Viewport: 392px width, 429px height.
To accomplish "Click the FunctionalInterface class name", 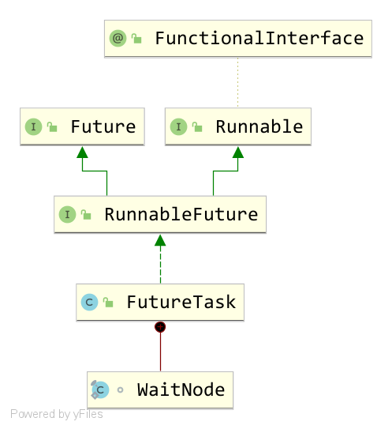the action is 259,38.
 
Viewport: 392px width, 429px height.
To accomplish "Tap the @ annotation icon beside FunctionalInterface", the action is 118,38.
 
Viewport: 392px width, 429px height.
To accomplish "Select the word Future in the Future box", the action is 103,126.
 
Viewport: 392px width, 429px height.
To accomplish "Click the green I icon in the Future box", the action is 33,126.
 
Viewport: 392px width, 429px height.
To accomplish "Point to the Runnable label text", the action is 259,126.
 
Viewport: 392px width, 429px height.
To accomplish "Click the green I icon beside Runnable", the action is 178,126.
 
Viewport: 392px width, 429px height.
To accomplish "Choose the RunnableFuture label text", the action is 181,214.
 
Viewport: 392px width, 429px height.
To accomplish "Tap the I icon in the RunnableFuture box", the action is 67,215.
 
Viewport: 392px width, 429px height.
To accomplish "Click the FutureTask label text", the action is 181,302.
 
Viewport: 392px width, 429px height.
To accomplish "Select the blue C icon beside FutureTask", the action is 89,303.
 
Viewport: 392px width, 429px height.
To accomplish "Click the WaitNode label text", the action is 181,389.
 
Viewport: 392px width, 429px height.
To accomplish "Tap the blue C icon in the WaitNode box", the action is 100,389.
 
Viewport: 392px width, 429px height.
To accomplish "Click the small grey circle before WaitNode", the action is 120,389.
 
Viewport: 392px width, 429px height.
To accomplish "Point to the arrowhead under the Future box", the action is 82,152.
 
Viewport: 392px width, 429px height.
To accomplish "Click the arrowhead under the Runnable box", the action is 238,152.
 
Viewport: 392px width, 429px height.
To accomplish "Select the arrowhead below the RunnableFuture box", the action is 160,240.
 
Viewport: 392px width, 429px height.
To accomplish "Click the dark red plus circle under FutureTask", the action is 160,327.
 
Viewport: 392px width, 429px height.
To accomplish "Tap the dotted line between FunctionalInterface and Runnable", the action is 237,82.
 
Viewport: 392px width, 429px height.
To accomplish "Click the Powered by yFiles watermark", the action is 57,414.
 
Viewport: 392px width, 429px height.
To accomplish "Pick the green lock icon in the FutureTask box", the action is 108,303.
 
